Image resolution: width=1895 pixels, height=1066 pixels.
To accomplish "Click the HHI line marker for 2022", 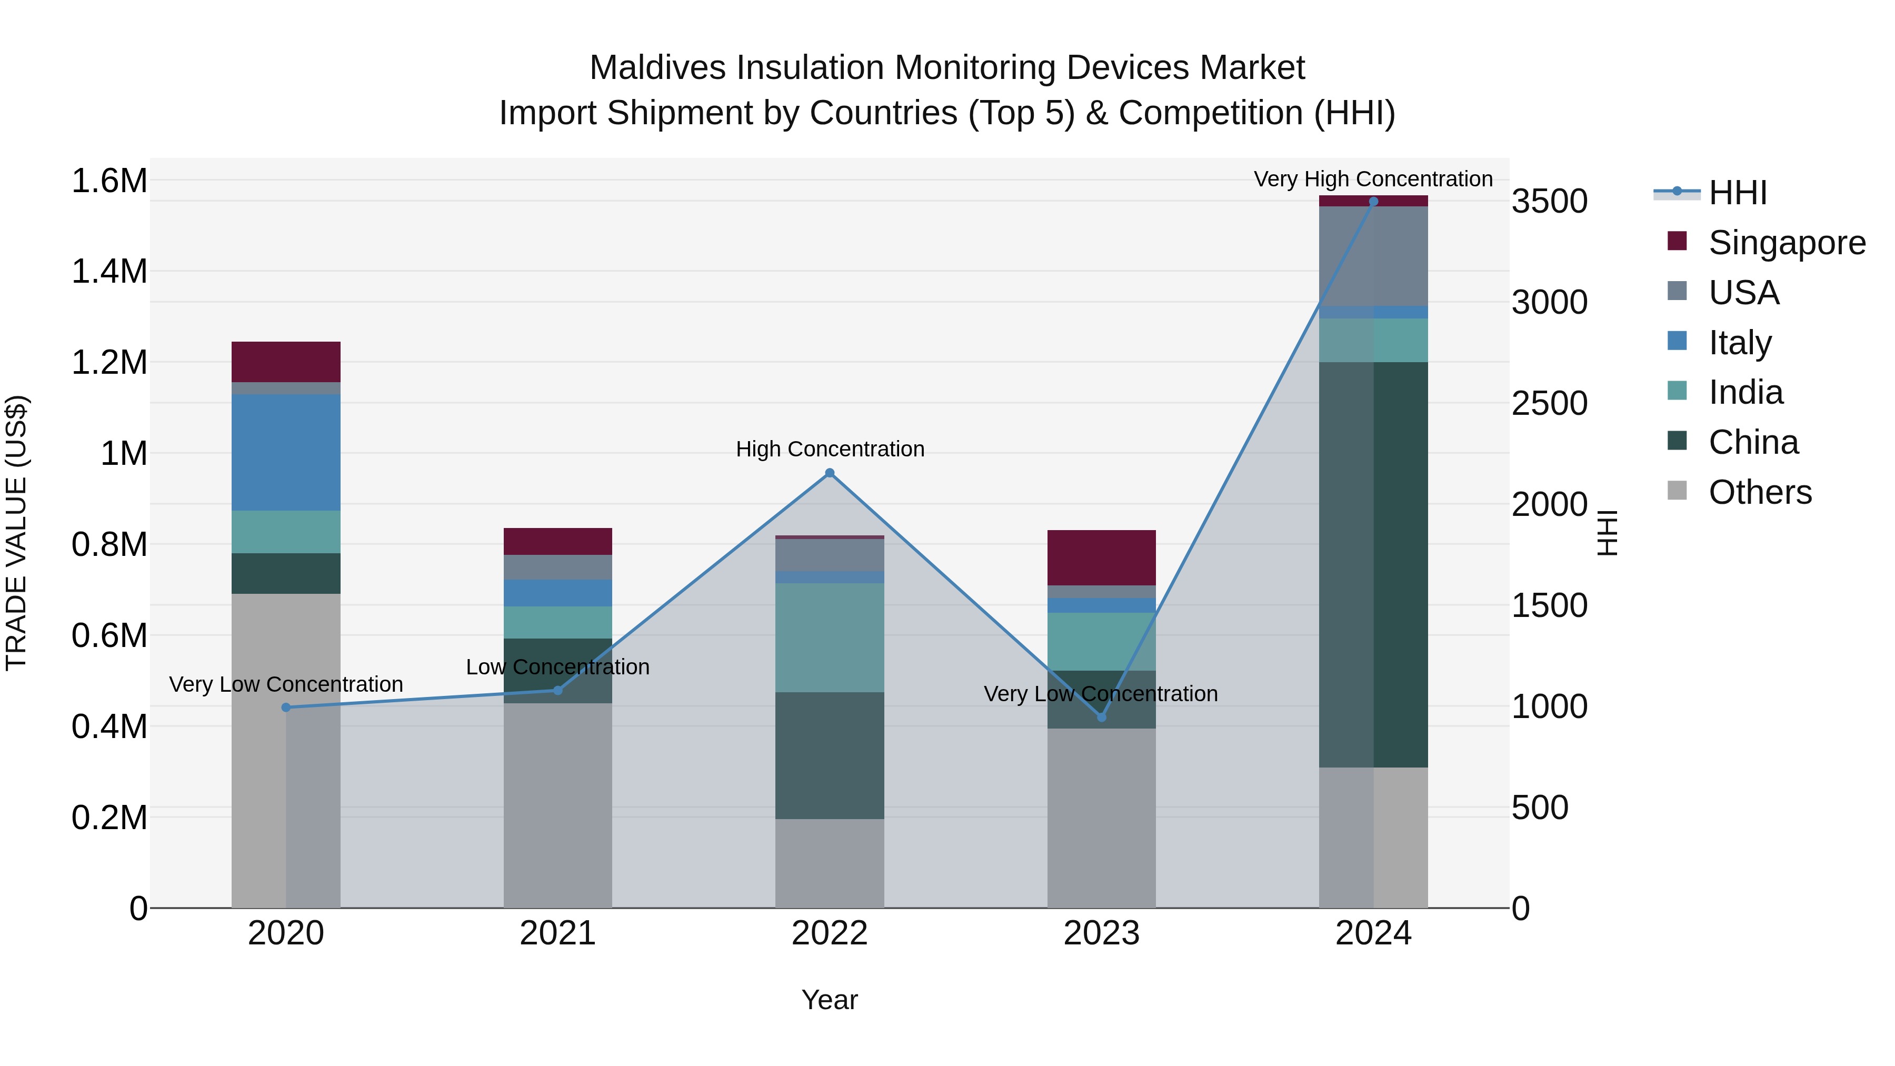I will tap(830, 473).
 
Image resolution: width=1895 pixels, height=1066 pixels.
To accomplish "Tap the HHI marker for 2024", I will tap(1373, 202).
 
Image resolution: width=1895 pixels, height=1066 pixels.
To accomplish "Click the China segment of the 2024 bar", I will tap(1373, 564).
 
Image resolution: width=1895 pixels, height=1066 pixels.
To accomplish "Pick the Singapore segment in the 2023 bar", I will tap(1101, 557).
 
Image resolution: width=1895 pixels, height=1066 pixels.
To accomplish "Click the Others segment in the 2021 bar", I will tap(557, 805).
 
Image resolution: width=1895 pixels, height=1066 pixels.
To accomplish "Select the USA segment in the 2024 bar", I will tap(1373, 256).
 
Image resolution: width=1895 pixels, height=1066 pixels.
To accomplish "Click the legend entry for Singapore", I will tap(1786, 243).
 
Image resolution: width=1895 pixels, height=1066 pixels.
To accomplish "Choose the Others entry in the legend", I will tap(1760, 492).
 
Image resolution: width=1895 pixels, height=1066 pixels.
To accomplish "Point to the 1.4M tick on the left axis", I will tap(109, 272).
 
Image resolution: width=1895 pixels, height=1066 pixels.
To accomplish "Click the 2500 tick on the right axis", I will tap(1549, 403).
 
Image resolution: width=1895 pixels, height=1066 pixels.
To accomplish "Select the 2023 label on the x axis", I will tap(1101, 933).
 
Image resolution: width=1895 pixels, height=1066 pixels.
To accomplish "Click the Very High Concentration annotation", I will tap(1373, 179).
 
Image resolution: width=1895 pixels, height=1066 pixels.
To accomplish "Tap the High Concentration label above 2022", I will tap(830, 449).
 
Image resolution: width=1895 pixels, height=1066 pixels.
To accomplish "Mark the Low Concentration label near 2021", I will tap(557, 666).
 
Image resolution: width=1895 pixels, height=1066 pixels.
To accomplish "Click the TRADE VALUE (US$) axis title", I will tap(16, 533).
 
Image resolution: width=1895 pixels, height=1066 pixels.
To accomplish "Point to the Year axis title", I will tap(829, 1000).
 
